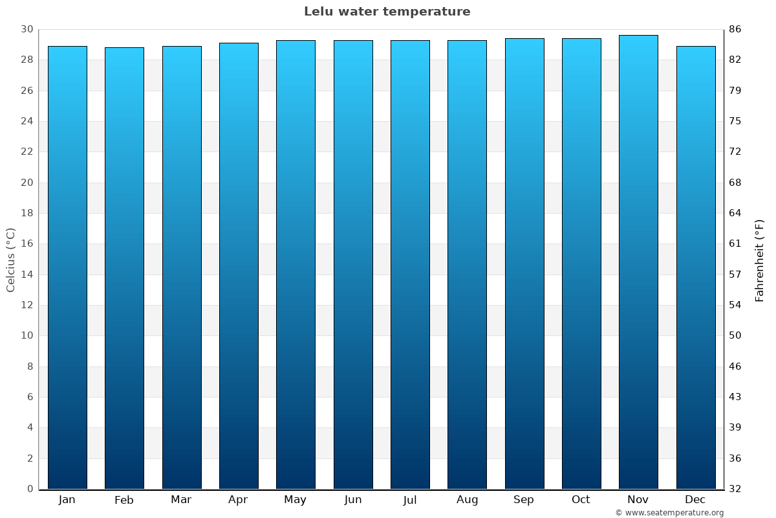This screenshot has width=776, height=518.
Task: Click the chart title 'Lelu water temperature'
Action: click(x=387, y=12)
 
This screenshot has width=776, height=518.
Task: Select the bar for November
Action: click(x=638, y=262)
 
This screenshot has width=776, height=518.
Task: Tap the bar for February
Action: click(x=124, y=268)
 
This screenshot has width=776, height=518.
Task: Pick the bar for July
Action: click(x=410, y=264)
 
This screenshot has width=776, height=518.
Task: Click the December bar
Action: click(x=695, y=267)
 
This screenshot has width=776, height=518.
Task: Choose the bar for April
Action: click(x=239, y=265)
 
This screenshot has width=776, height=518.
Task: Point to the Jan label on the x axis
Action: click(x=67, y=500)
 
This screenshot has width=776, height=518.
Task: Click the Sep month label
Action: click(x=524, y=500)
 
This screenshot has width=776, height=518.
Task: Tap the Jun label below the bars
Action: click(x=353, y=500)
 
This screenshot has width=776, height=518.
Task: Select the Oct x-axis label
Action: click(x=581, y=500)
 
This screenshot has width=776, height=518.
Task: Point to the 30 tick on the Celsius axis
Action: click(x=27, y=29)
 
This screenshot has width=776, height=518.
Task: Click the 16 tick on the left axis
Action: click(x=27, y=244)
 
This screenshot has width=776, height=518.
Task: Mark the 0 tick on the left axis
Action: click(x=30, y=489)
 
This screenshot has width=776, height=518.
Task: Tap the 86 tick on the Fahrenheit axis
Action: click(x=735, y=29)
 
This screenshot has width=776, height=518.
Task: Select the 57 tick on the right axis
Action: click(x=735, y=275)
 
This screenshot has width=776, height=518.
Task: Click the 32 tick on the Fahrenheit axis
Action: click(x=735, y=489)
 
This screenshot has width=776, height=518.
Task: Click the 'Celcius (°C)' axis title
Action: click(x=10, y=260)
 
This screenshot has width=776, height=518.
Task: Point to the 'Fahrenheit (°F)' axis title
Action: click(x=759, y=260)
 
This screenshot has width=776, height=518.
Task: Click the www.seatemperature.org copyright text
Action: click(x=669, y=513)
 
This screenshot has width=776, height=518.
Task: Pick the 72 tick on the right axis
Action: click(x=735, y=152)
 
